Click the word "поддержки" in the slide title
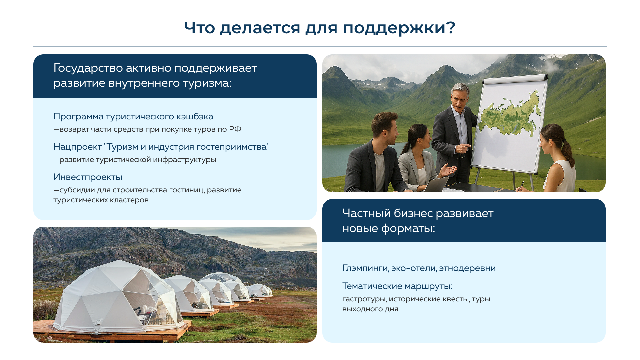[x=395, y=28]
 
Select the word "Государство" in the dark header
[x=88, y=68]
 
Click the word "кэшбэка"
[x=195, y=116]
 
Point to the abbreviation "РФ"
[x=235, y=129]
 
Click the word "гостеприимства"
[x=233, y=147]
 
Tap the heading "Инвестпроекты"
[x=88, y=177]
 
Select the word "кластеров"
[x=131, y=200]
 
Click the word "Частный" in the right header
[x=366, y=213]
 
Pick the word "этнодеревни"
[x=467, y=268]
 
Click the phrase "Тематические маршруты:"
[x=397, y=286]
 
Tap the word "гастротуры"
[x=364, y=299]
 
